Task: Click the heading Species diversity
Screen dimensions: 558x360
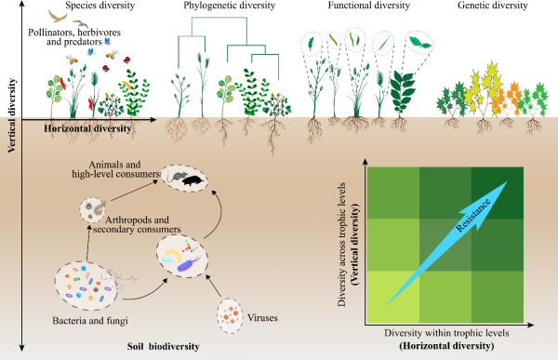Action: tap(100, 6)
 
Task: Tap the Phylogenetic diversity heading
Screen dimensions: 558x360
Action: tap(229, 6)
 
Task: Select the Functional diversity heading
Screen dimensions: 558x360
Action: tap(368, 6)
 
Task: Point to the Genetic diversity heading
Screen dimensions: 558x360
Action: tap(493, 6)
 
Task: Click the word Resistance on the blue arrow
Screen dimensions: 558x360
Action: tap(473, 215)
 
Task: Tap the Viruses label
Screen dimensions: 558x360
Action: tap(262, 317)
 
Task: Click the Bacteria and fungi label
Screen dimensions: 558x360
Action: tap(90, 321)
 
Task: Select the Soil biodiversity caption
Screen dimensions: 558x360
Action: tap(164, 346)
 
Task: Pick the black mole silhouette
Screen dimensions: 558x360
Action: tap(193, 180)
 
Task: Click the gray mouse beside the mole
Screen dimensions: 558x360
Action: tap(176, 176)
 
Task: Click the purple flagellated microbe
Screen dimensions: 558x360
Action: tap(189, 264)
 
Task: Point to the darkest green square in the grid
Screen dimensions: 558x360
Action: tap(498, 193)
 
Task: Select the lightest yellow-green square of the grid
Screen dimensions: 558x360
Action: tap(393, 297)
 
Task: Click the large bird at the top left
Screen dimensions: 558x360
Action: tap(58, 16)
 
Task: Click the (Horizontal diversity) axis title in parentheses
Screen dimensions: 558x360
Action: tap(446, 346)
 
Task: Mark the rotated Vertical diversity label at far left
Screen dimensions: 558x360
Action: tap(12, 115)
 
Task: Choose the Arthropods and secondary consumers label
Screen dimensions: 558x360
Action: tap(137, 225)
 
